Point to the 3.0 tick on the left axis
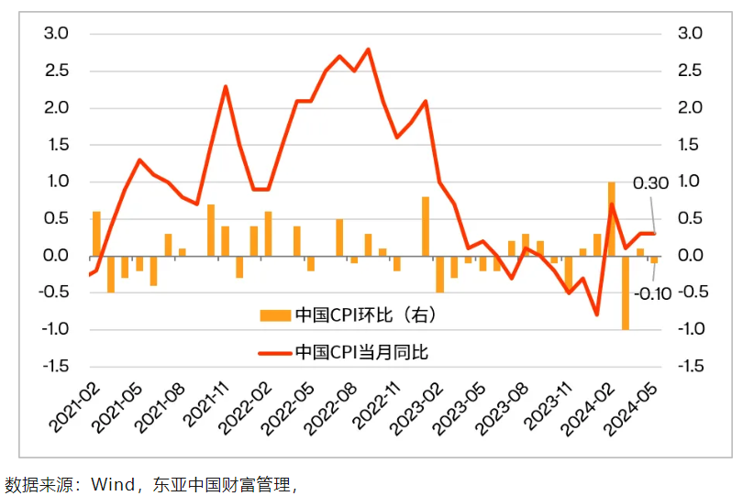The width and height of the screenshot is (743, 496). click(x=56, y=34)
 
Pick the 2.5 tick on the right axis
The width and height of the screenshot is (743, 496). click(x=689, y=72)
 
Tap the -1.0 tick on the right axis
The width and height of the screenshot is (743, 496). click(x=687, y=329)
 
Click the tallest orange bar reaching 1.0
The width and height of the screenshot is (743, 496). click(x=611, y=218)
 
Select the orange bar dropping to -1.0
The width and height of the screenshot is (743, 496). click(x=626, y=292)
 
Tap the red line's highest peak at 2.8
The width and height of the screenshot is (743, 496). click(x=368, y=50)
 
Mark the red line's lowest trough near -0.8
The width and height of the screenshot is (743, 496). click(x=597, y=314)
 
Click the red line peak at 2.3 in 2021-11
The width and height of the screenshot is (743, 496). click(x=226, y=86)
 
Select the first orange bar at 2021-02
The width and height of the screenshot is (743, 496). click(x=96, y=233)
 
